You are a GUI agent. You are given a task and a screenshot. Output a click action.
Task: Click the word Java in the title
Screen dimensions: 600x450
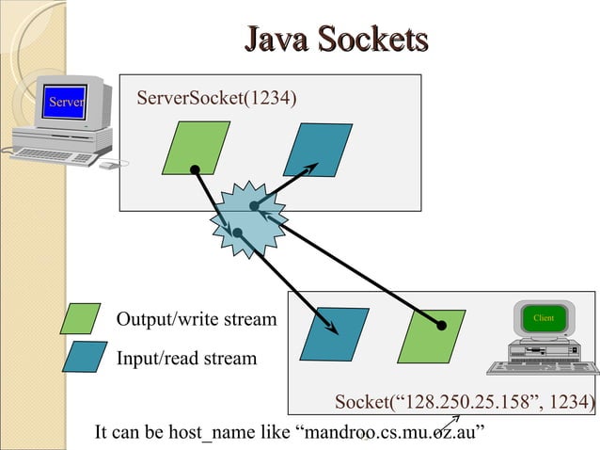click(276, 39)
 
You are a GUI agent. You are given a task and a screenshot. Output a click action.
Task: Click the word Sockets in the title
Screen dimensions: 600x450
click(373, 39)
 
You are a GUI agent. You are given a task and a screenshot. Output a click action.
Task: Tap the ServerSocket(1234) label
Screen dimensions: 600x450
click(216, 98)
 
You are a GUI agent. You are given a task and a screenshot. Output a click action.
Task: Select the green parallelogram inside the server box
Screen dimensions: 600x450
click(196, 148)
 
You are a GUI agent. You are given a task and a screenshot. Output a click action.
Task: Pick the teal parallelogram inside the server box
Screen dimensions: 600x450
click(318, 150)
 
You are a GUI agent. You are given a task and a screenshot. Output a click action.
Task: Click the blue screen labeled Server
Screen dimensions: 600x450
click(65, 102)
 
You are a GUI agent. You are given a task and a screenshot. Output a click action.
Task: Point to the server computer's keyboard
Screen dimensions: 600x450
click(54, 156)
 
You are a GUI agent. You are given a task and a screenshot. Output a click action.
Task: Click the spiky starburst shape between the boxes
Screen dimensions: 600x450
click(248, 219)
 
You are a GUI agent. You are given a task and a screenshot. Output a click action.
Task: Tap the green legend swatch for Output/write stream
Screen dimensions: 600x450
click(80, 318)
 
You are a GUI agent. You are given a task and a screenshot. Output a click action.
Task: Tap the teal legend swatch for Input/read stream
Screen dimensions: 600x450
click(85, 357)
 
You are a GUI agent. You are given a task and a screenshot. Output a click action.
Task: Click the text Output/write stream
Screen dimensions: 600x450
click(197, 319)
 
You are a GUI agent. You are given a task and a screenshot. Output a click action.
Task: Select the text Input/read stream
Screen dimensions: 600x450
click(187, 359)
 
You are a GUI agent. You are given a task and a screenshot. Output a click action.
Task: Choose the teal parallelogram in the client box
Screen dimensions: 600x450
click(335, 334)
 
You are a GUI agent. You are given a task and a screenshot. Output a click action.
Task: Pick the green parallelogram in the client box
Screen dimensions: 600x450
click(432, 336)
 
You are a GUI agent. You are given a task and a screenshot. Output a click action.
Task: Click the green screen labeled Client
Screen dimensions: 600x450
click(544, 318)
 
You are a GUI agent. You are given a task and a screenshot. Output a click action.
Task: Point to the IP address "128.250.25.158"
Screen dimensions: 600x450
click(466, 402)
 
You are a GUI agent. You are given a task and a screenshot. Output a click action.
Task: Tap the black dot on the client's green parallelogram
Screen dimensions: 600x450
click(442, 326)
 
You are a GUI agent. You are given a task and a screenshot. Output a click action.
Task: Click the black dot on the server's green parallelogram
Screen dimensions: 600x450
click(196, 169)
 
